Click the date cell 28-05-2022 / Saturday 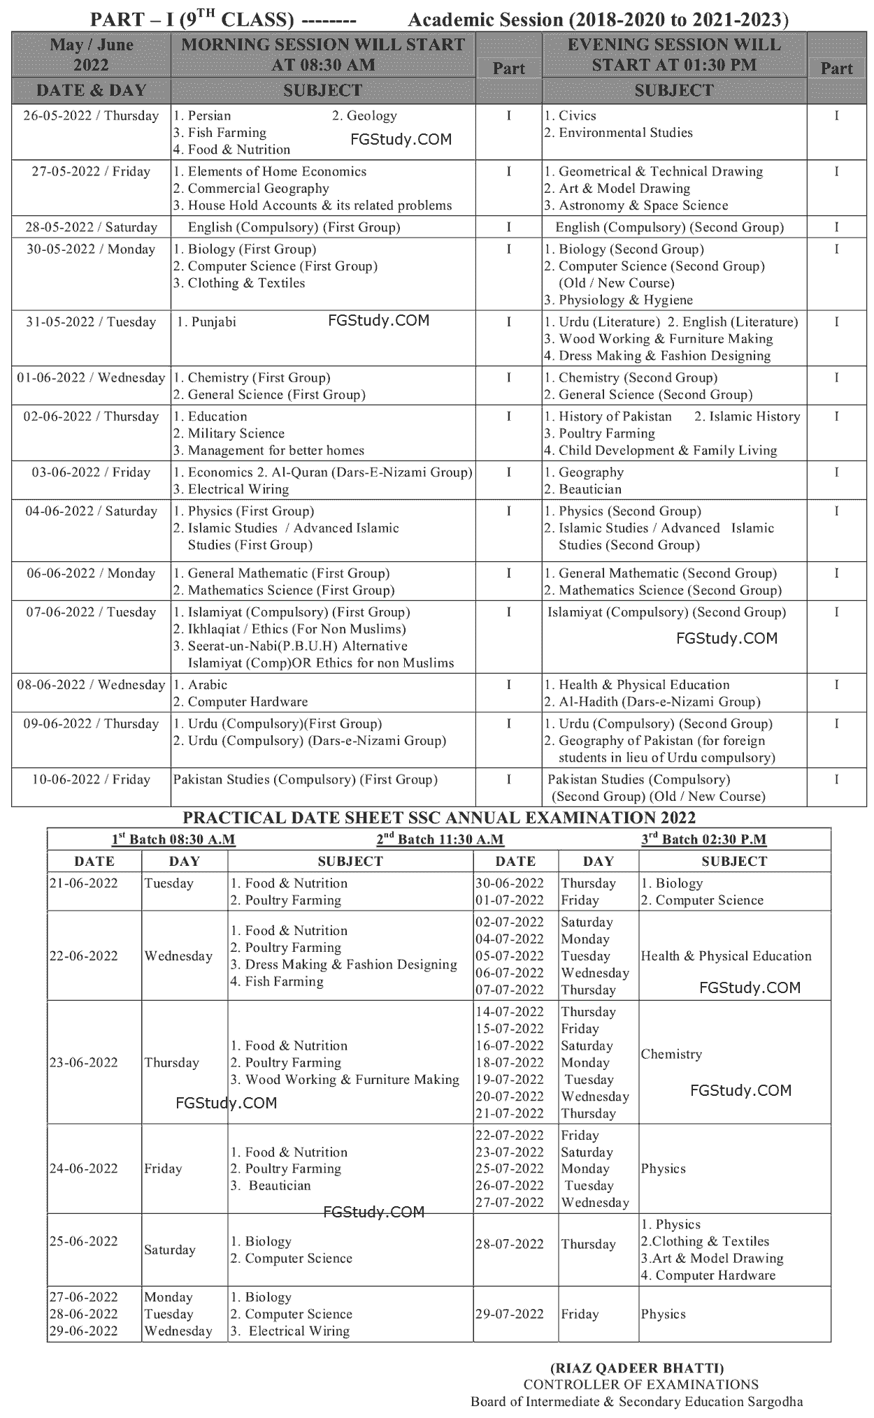(x=91, y=227)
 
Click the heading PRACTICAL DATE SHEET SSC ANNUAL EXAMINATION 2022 (x=439, y=818)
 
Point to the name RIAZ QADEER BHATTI (x=637, y=1368)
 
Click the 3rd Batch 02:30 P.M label (x=703, y=839)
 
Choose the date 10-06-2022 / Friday (x=91, y=779)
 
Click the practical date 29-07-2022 (x=509, y=1314)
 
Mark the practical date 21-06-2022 (x=83, y=883)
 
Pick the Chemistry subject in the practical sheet (x=671, y=1054)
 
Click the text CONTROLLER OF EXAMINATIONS (x=640, y=1384)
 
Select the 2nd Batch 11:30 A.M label (x=440, y=839)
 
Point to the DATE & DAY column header (x=91, y=90)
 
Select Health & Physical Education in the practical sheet (x=726, y=956)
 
